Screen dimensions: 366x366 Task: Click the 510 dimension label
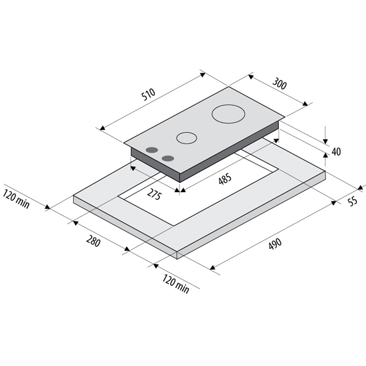pos(149,94)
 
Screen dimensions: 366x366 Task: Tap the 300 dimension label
pos(279,84)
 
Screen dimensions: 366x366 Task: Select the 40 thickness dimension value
pos(336,152)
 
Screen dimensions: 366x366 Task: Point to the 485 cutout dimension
pos(225,179)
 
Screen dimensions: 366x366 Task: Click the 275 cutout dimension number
pos(154,195)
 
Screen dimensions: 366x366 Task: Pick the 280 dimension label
pos(93,241)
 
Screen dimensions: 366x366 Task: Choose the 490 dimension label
pos(275,244)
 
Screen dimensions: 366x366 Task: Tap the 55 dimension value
pos(353,201)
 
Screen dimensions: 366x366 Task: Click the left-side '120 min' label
pos(16,199)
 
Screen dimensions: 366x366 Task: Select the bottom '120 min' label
pos(176,284)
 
